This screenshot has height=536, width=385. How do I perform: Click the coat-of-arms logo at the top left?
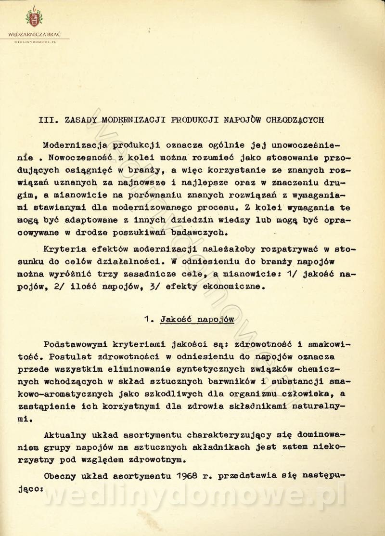click(34, 18)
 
